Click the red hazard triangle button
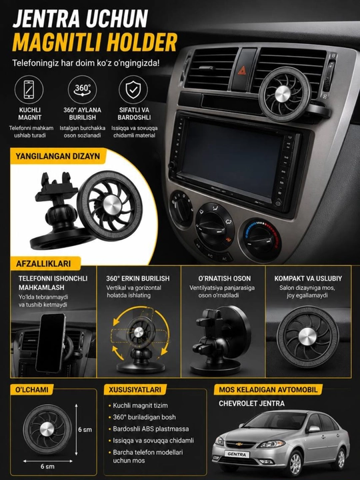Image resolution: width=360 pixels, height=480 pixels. (243, 71)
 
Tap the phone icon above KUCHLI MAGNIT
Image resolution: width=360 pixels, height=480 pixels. (29, 89)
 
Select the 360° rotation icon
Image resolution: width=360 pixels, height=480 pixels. (82, 89)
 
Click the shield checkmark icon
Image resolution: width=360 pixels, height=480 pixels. (133, 89)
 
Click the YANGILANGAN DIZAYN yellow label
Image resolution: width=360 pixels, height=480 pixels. (58, 156)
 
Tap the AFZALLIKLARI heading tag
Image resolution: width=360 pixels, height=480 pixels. (43, 263)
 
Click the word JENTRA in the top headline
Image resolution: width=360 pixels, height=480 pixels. (47, 19)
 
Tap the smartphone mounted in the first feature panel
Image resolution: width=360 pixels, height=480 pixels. (51, 343)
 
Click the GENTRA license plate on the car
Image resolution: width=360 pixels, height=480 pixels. (237, 454)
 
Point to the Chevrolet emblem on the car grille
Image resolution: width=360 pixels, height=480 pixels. (240, 444)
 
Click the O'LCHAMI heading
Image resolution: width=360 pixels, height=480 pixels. (32, 389)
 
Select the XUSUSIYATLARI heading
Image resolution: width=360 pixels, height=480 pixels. (135, 389)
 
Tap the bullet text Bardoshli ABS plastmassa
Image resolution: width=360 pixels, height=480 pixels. (151, 429)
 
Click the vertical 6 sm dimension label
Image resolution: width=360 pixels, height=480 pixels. (85, 429)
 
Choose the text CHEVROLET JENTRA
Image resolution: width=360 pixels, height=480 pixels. (251, 403)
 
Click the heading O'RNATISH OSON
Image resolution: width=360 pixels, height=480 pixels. (225, 279)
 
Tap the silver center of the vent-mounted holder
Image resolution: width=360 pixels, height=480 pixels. (282, 93)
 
